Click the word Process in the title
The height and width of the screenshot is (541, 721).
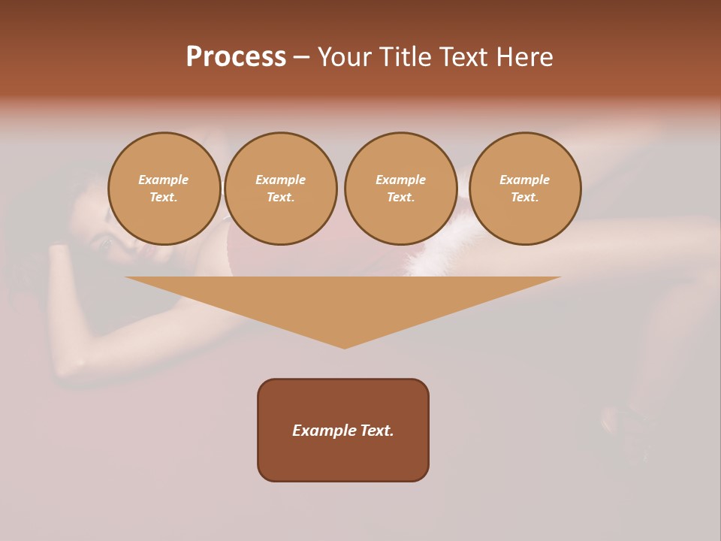click(x=236, y=57)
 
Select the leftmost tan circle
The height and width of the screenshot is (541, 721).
click(x=164, y=189)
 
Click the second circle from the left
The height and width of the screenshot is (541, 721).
click(x=281, y=189)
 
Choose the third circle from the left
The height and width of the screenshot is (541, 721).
click(x=400, y=189)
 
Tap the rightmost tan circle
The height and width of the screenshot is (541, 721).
click(x=525, y=189)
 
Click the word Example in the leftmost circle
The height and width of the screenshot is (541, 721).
click(x=164, y=180)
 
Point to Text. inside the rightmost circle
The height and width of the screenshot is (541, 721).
click(x=525, y=198)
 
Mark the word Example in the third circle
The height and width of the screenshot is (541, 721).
click(x=400, y=180)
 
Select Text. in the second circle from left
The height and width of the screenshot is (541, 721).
click(x=281, y=198)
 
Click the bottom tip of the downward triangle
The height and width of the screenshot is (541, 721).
click(x=344, y=346)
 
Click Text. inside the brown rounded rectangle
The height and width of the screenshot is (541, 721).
click(x=377, y=431)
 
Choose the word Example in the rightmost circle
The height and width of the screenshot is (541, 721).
click(x=525, y=180)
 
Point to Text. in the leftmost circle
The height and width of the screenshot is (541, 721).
click(x=164, y=198)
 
